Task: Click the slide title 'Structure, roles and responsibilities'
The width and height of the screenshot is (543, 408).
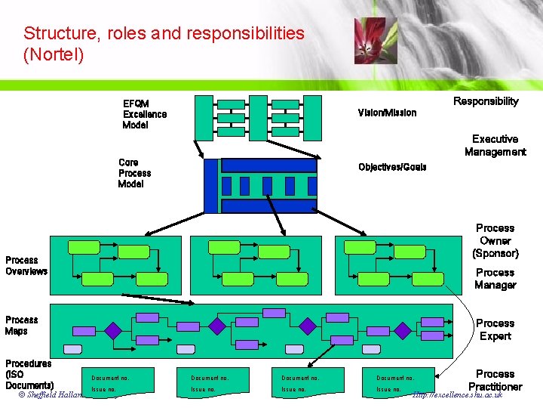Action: point(164,34)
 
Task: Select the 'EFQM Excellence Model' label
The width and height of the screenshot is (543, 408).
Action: point(145,114)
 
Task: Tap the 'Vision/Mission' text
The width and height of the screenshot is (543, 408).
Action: point(387,113)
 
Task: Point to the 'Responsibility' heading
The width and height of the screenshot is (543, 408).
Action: point(486,101)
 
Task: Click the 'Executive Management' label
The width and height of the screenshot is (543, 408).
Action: point(495,145)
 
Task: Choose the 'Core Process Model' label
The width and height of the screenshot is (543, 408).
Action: point(134,173)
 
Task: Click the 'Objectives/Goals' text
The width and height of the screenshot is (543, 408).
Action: point(392,167)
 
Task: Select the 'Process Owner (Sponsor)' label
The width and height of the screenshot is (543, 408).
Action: point(495,240)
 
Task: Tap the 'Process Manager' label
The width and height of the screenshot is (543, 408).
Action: point(495,279)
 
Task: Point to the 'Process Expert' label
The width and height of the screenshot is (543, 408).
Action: point(495,329)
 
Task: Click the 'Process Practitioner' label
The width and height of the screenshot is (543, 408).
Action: point(495,380)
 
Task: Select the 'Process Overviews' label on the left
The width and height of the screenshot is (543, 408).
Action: point(26,265)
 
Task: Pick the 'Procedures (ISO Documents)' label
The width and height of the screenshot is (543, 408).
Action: point(29,374)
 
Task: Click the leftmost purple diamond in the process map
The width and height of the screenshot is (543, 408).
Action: point(112,330)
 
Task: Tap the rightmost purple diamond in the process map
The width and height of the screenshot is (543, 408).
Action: point(403,329)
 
